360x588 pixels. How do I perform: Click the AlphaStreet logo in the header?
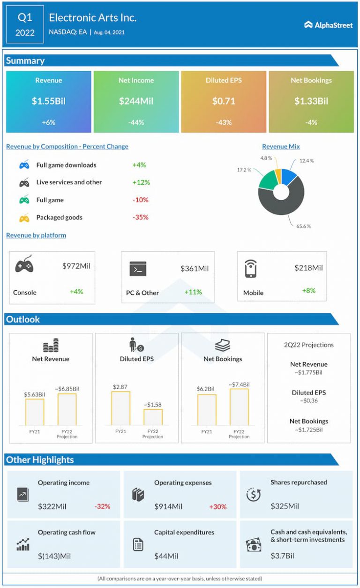click(328, 25)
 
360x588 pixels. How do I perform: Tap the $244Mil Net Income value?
click(136, 101)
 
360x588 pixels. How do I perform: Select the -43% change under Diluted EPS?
click(224, 122)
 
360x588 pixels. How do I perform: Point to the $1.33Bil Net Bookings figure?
click(311, 101)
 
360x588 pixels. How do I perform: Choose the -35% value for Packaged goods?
click(140, 218)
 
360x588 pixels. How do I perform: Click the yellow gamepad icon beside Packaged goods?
click(24, 218)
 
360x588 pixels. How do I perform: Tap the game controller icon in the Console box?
click(24, 266)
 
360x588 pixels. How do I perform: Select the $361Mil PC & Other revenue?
click(195, 269)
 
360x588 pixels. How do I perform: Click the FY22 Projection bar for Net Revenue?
click(67, 409)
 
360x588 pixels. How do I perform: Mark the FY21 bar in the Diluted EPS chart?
click(120, 408)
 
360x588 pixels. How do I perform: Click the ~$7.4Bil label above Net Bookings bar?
click(239, 384)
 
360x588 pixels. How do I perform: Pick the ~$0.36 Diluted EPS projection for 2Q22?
click(308, 401)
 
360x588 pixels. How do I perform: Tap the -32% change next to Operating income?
click(102, 506)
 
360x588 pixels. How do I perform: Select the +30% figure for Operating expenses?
click(218, 506)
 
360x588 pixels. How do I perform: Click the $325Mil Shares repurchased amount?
click(285, 506)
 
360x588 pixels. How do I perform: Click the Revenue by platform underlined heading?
click(36, 235)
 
